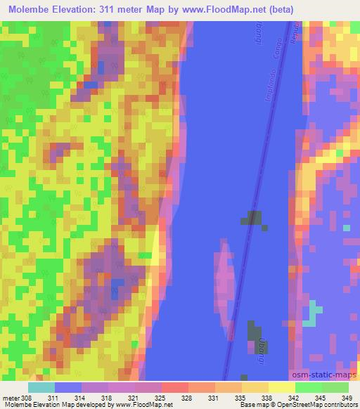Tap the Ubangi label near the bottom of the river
click(x=261, y=348)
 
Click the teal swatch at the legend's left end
click(x=41, y=387)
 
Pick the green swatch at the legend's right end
click(x=335, y=387)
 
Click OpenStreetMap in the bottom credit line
click(x=307, y=405)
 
